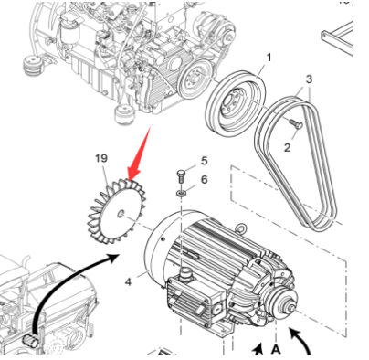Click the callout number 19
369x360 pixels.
click(101, 158)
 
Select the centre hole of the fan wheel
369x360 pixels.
click(121, 214)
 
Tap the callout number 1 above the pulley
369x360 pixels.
click(269, 58)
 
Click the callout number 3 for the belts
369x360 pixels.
click(309, 79)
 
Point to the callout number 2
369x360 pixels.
click(288, 148)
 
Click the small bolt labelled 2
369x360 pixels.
click(295, 123)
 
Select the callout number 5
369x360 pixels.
click(204, 161)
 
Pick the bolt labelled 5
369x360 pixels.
click(181, 176)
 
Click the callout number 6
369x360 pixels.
click(204, 179)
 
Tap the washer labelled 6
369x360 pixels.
click(182, 193)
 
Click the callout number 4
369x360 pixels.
click(128, 281)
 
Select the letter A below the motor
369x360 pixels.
click(276, 350)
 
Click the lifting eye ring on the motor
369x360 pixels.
click(240, 228)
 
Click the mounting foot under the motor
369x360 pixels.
click(223, 331)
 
